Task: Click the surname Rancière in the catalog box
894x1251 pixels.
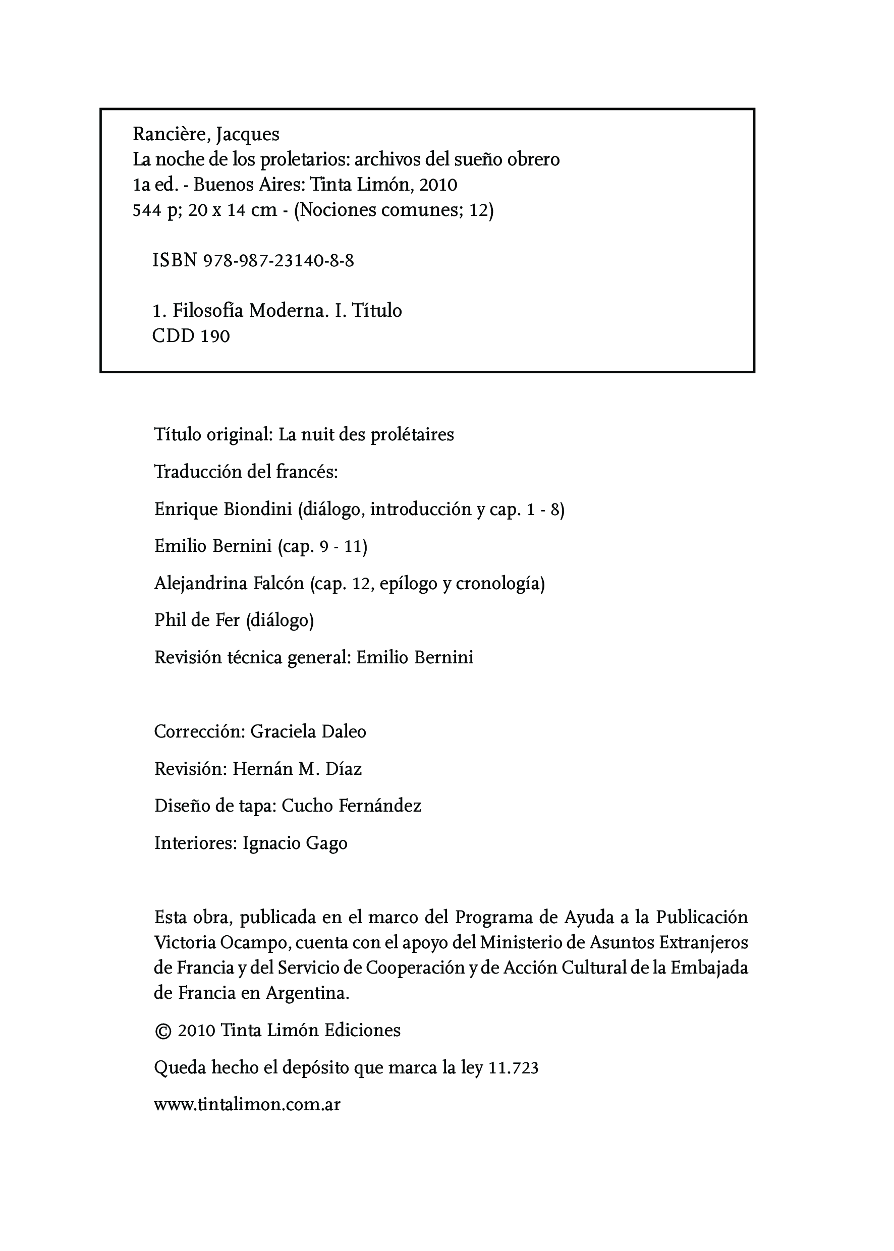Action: click(169, 134)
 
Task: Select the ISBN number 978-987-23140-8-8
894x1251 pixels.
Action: click(278, 260)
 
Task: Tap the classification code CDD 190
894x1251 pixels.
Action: click(191, 336)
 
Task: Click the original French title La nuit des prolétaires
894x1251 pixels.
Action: click(366, 435)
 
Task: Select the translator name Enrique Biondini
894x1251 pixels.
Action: click(223, 509)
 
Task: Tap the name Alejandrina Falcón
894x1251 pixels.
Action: click(229, 584)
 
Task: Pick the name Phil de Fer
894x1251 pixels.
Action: click(197, 620)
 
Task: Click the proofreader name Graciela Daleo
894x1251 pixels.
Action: click(308, 731)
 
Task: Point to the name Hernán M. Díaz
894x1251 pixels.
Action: click(297, 769)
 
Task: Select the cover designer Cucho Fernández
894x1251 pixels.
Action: click(351, 806)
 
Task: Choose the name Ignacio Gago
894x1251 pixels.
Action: click(295, 843)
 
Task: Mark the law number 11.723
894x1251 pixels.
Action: click(513, 1068)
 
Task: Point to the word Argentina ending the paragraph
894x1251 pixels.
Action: click(307, 993)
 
